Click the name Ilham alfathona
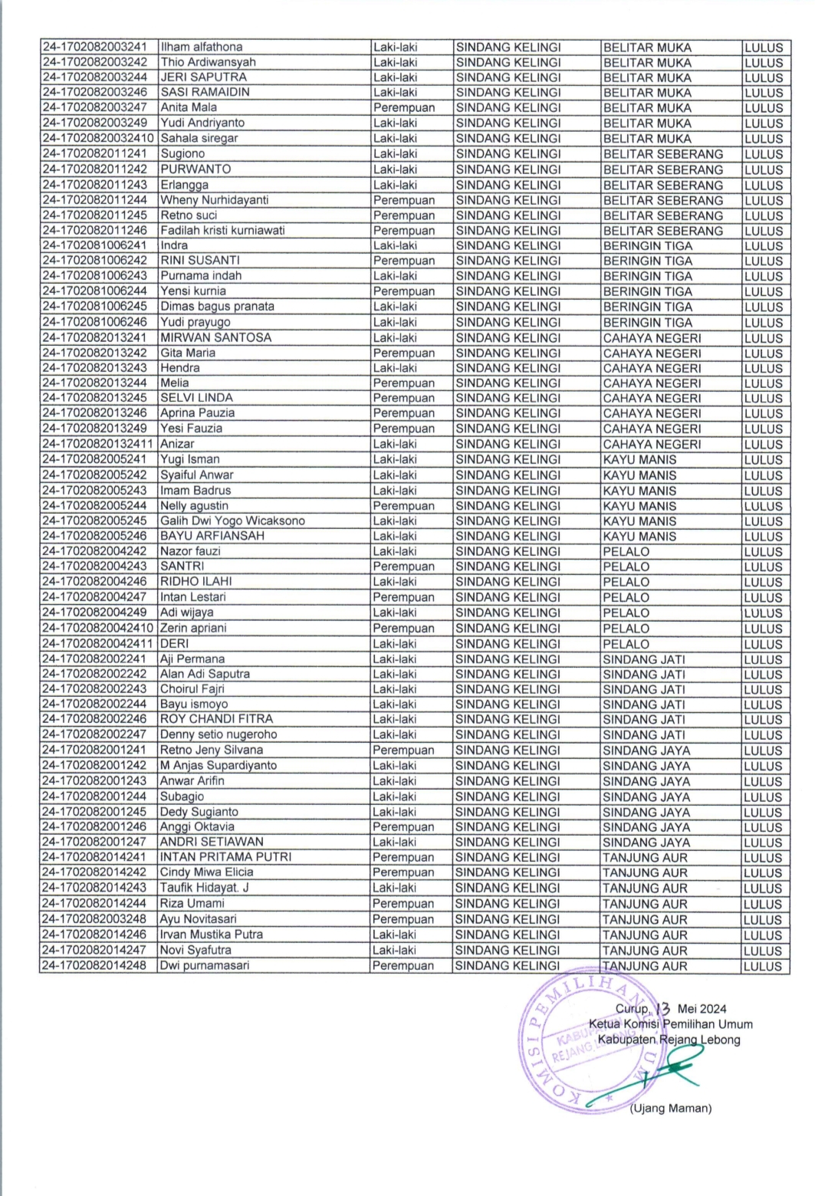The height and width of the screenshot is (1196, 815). pyautogui.click(x=201, y=48)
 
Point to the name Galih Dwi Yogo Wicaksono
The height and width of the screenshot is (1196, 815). pyautogui.click(x=232, y=521)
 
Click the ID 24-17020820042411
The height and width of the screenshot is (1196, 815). pyautogui.click(x=99, y=644)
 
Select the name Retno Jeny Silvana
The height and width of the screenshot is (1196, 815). pyautogui.click(x=212, y=750)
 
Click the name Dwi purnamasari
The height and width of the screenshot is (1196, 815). pyautogui.click(x=205, y=966)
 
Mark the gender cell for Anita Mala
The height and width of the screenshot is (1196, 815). pyautogui.click(x=404, y=108)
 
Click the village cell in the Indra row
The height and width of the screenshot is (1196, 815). pyautogui.click(x=648, y=246)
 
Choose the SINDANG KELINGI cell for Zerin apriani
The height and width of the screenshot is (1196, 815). pyautogui.click(x=508, y=629)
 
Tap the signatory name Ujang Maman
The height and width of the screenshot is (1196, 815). pyautogui.click(x=671, y=1108)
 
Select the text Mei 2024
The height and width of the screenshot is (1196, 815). pyautogui.click(x=702, y=1008)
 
